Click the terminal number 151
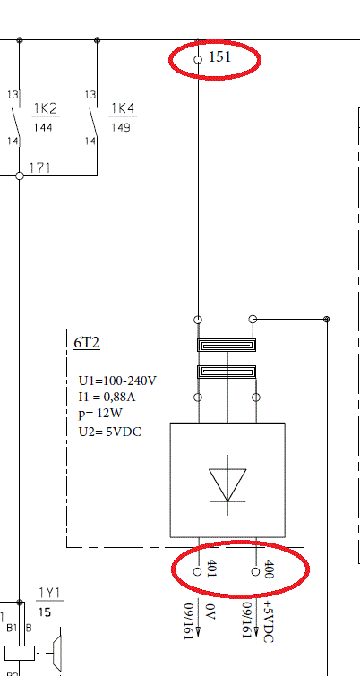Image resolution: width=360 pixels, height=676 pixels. (220, 57)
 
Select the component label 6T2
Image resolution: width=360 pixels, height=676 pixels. (87, 343)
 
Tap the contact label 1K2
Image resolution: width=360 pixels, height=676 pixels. (46, 108)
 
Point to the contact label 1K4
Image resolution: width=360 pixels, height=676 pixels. (123, 108)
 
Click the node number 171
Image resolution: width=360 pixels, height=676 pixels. (39, 167)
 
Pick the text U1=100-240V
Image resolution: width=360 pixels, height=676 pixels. (117, 381)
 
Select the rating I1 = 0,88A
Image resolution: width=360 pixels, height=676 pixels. (107, 397)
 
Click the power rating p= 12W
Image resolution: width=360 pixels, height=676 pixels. (100, 414)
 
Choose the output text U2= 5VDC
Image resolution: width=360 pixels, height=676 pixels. (110, 432)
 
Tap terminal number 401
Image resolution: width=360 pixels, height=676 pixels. (211, 569)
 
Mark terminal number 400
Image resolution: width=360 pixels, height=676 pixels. (268, 569)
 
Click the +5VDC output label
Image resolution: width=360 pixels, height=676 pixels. (268, 621)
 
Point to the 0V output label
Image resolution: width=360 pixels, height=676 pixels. (210, 612)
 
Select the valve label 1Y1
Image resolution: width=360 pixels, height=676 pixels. (50, 593)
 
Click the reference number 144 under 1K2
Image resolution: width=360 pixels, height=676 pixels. (43, 128)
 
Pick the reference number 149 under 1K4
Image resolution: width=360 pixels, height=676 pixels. (121, 128)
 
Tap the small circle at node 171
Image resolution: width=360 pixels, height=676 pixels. (20, 175)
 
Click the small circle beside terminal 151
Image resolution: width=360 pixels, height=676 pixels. (198, 59)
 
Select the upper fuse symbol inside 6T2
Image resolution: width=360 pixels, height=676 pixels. (227, 345)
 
